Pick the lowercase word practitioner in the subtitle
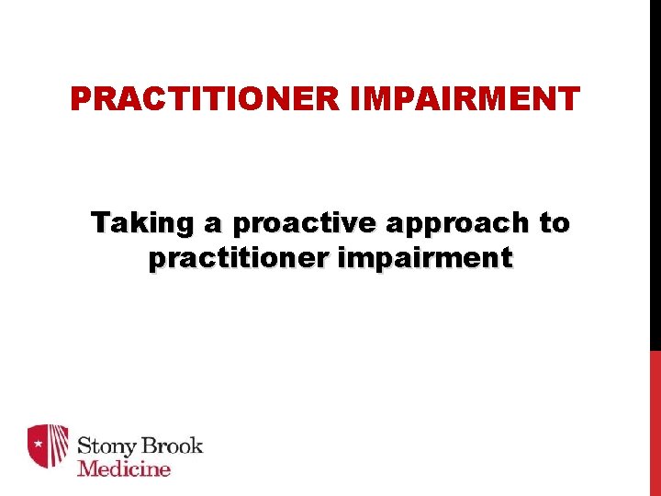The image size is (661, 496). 239,259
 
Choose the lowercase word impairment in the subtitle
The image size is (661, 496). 425,259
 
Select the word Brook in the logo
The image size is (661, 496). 174,446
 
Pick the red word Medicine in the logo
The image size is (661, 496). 124,468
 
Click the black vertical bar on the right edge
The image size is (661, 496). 655,175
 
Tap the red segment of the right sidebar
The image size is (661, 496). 655,423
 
